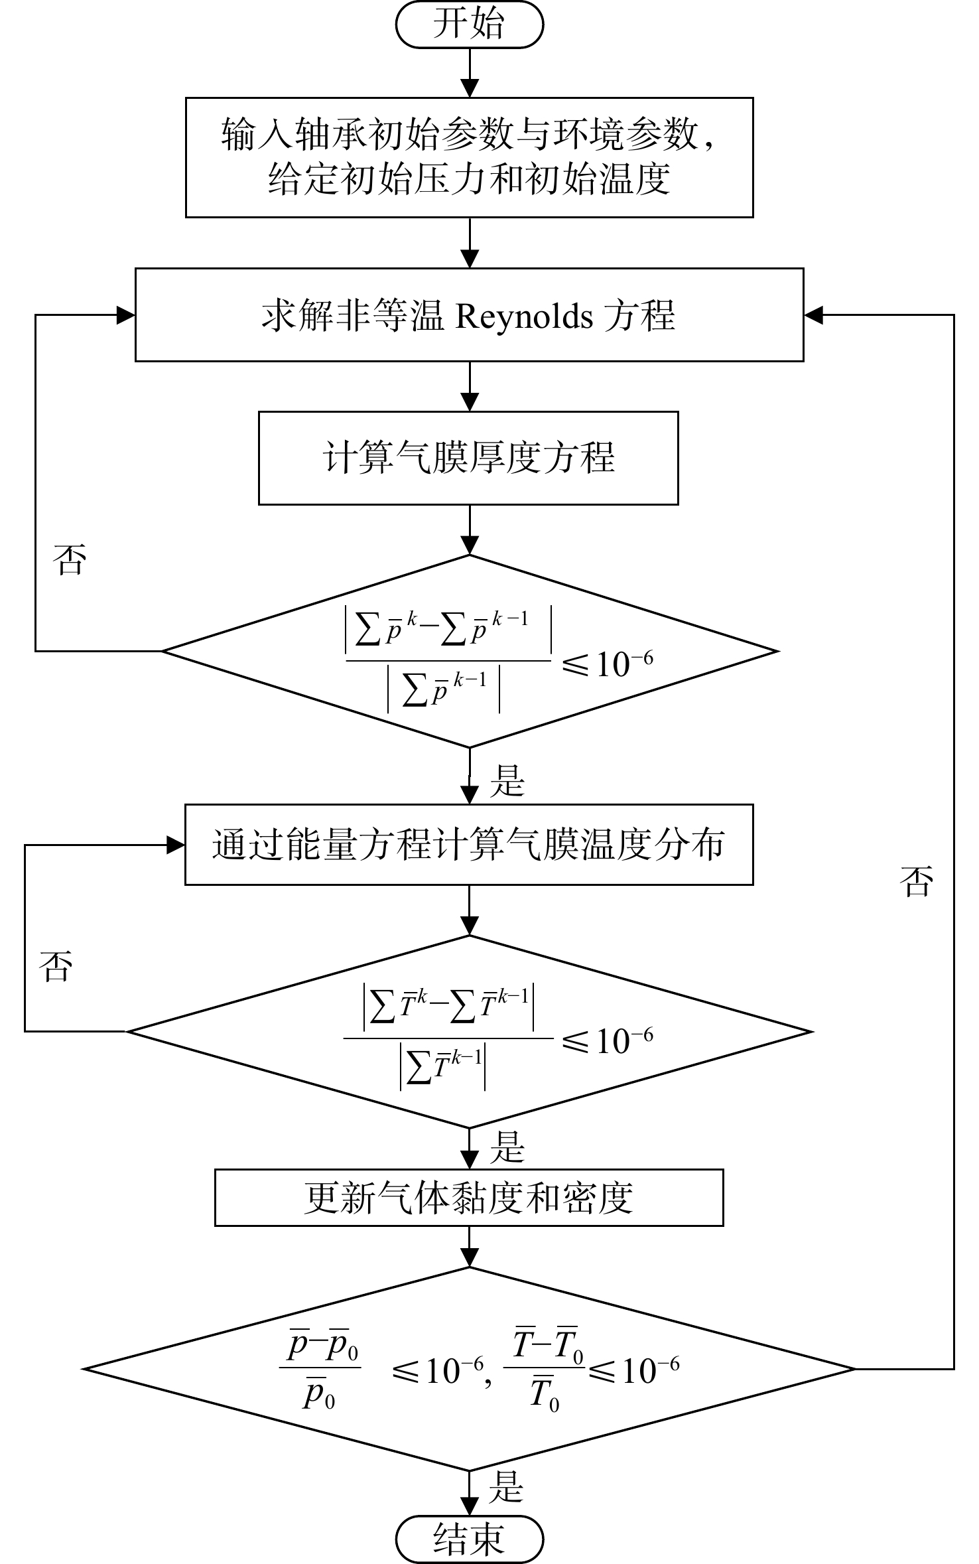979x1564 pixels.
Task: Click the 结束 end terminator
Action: pos(470,1539)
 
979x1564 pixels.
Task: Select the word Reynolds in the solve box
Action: pos(524,316)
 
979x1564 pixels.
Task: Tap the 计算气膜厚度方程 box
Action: pos(468,458)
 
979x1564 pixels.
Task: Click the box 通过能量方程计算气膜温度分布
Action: pos(469,845)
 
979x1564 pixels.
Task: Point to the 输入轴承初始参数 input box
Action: pos(470,157)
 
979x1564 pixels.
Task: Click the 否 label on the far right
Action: pos(917,881)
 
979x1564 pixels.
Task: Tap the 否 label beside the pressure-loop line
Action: pos(70,559)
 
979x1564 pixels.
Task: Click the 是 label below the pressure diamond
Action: pos(507,780)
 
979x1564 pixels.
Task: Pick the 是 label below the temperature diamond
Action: pos(507,1147)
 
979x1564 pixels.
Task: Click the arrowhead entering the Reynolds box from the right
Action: pos(813,315)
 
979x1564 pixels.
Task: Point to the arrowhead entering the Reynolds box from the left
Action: pos(126,315)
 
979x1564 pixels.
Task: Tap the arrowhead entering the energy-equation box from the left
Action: pos(175,845)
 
